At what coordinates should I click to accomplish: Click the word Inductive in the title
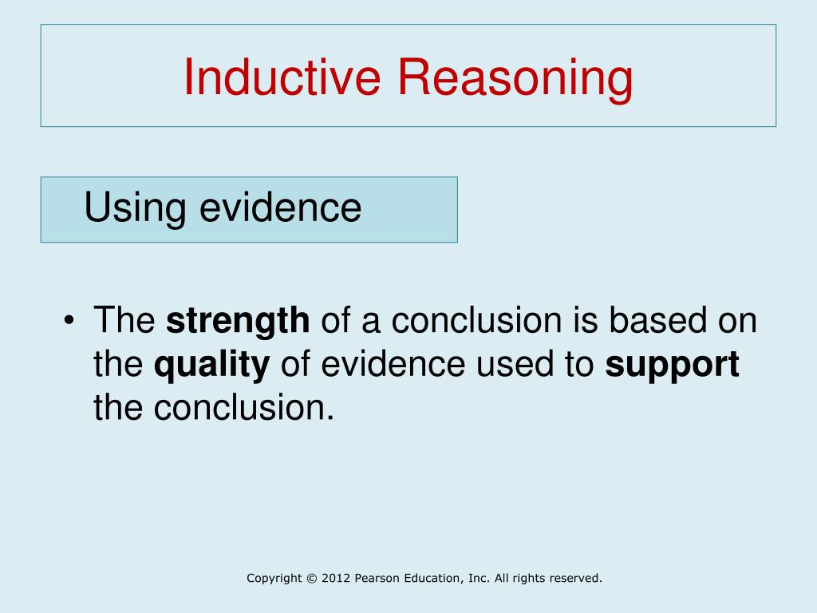(282, 77)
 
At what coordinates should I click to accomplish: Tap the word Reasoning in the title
(515, 78)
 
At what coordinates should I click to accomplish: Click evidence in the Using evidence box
(280, 208)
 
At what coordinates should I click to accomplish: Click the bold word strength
(238, 322)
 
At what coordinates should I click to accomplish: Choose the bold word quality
(211, 366)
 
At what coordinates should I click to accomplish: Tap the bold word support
(672, 366)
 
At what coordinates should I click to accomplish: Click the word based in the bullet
(657, 319)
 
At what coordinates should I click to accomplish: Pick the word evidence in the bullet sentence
(393, 363)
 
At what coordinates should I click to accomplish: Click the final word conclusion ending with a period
(243, 407)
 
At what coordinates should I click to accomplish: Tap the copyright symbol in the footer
(312, 578)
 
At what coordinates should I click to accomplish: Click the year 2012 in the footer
(336, 578)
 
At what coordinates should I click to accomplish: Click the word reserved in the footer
(576, 578)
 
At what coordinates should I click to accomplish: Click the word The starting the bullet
(124, 319)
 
